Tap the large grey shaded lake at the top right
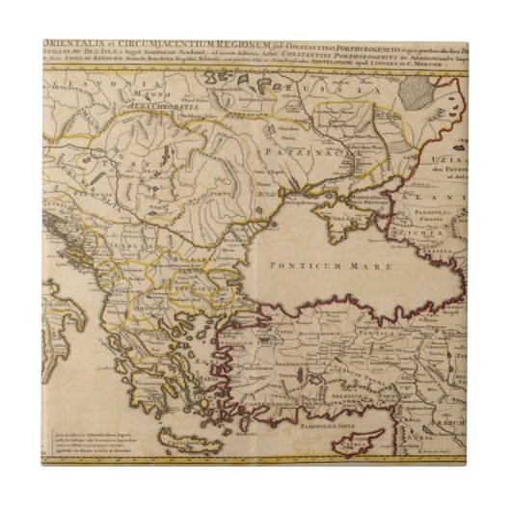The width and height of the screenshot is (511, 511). (x=417, y=94)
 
